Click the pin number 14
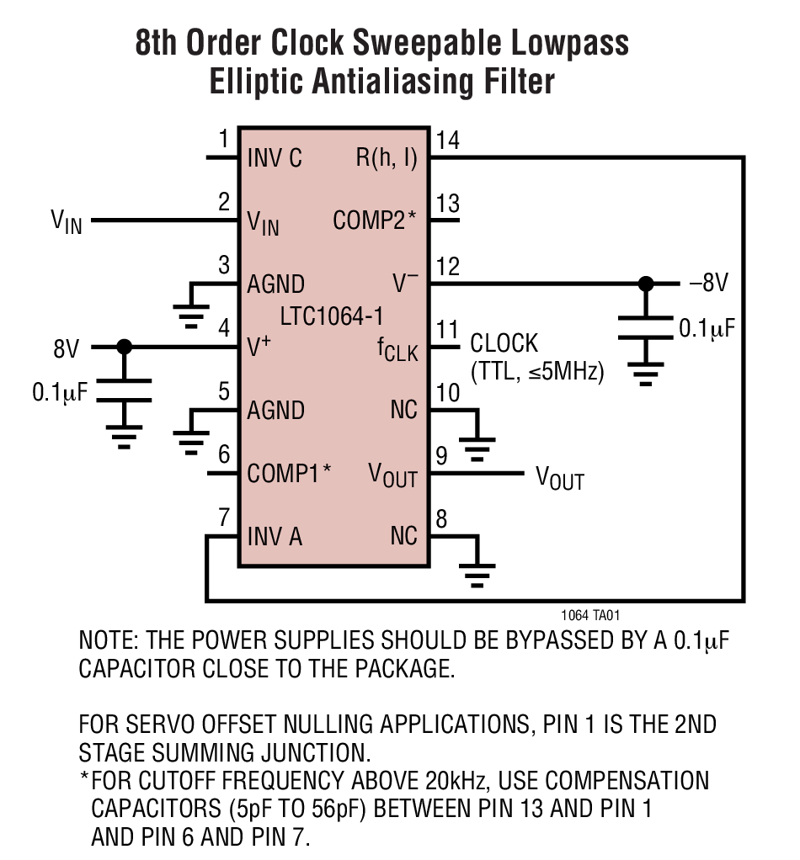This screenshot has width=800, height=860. coord(448,141)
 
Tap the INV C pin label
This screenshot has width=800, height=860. coord(275,158)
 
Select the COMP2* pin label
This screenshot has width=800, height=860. coord(375,221)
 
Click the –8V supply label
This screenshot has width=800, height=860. coord(708,284)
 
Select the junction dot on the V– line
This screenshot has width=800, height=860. coord(646,284)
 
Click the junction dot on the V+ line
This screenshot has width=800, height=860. coord(125,347)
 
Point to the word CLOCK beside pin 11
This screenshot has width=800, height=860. coord(504,344)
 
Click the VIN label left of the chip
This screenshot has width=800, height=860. coord(67,222)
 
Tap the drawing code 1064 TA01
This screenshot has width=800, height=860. coord(591,616)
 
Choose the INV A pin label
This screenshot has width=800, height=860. coord(275,537)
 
